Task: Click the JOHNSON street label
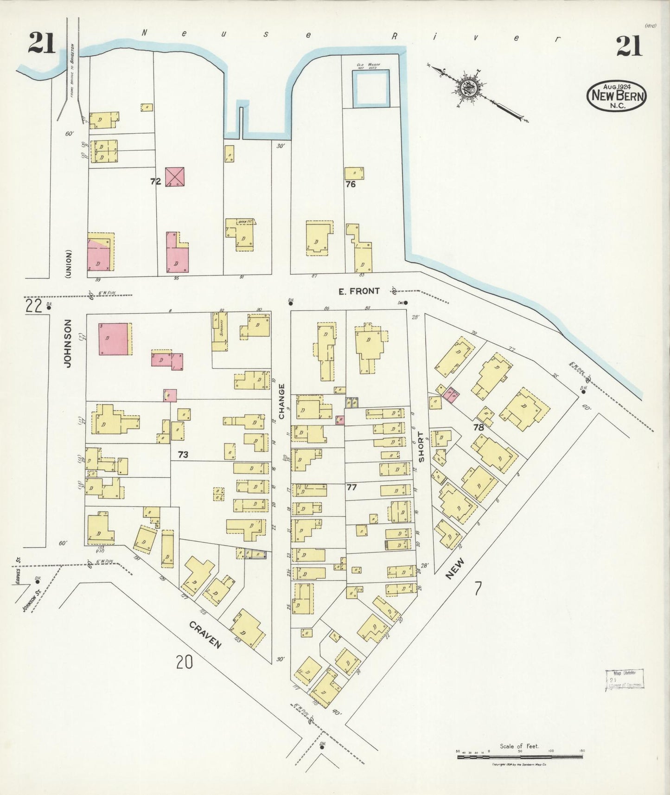(68, 343)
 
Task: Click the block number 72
(155, 182)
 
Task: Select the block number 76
(350, 184)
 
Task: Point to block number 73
(183, 455)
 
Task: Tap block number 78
(479, 427)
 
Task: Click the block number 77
(351, 487)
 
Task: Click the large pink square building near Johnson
(113, 339)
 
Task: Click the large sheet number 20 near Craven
(184, 662)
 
